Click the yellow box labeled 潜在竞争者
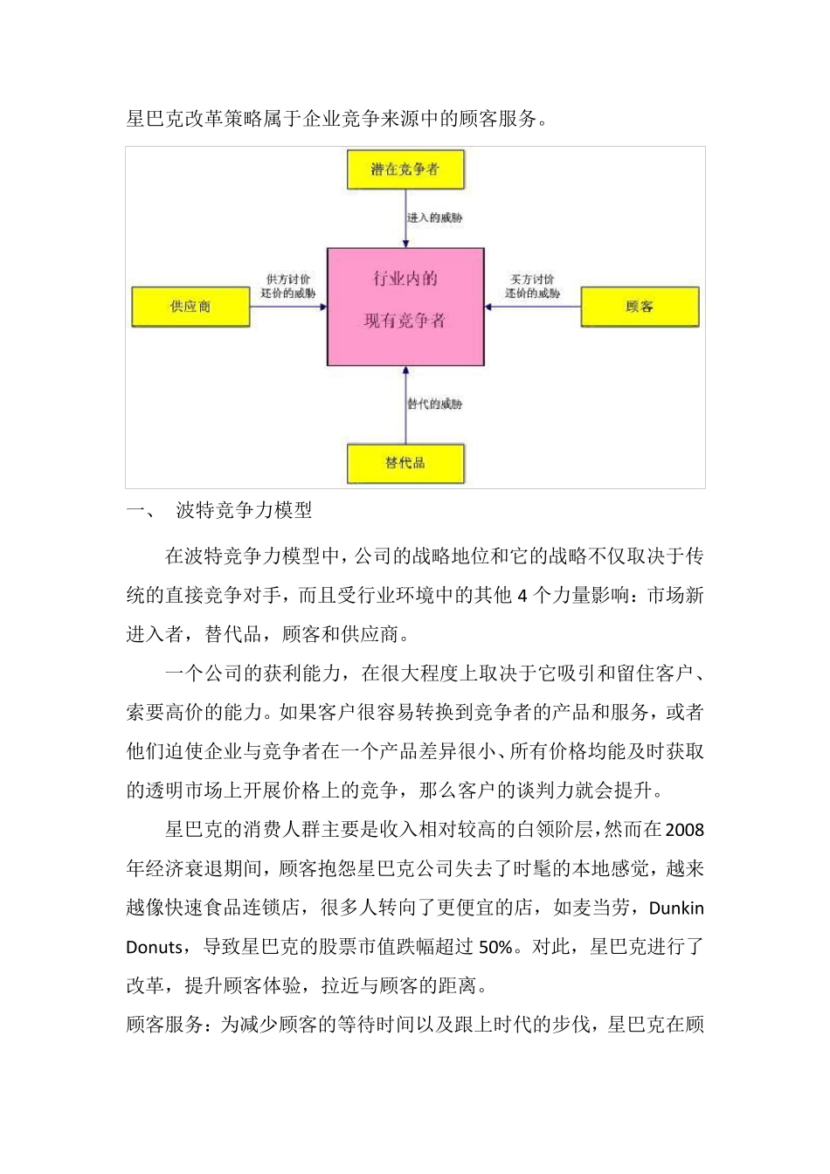point(405,169)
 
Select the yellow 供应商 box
point(190,307)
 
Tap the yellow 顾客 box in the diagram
point(640,307)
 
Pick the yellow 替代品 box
point(405,463)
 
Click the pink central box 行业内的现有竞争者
point(405,306)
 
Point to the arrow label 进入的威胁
point(435,218)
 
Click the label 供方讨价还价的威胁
point(288,287)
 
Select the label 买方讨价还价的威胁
point(532,287)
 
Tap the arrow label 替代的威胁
point(435,404)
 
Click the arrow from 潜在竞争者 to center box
point(405,218)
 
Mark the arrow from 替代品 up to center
point(405,405)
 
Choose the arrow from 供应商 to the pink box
point(288,307)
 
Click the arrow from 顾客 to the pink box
point(533,307)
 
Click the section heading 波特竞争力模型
point(245,510)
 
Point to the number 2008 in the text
point(684,830)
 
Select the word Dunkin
point(676,908)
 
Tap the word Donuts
point(155,947)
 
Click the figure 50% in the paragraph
point(495,947)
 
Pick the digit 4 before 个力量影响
point(522,596)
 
